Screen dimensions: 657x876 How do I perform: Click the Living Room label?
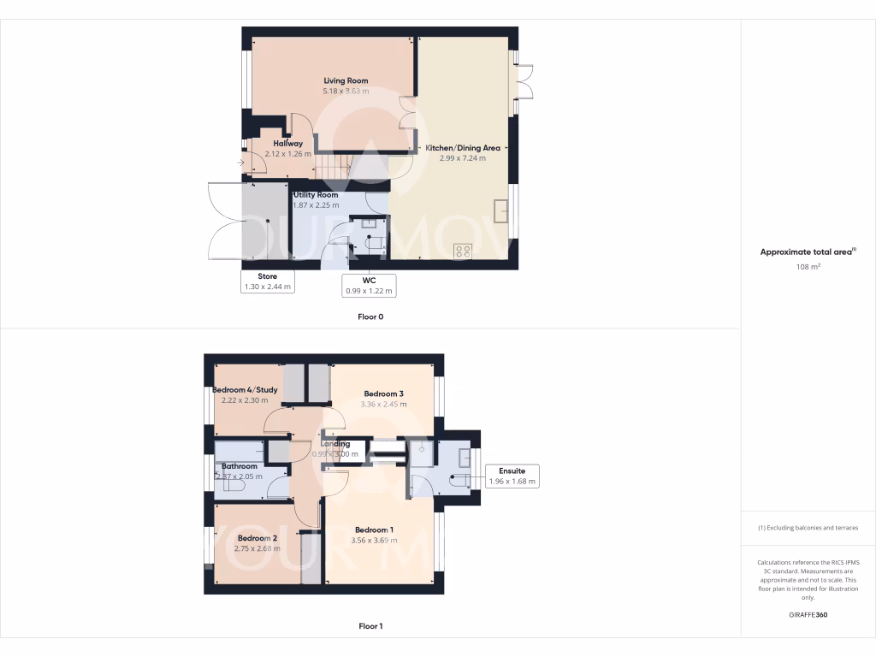click(x=346, y=80)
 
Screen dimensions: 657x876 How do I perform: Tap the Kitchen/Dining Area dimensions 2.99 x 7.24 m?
click(x=463, y=158)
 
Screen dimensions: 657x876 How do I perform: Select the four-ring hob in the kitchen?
click(x=463, y=252)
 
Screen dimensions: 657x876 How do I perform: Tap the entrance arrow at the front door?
click(x=240, y=163)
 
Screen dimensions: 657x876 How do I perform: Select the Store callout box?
click(x=269, y=282)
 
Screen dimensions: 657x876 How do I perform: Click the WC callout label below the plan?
click(x=369, y=286)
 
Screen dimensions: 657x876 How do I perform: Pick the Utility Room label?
click(x=316, y=195)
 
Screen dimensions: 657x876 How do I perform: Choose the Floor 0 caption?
click(x=370, y=317)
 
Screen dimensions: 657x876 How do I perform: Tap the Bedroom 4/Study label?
click(x=244, y=389)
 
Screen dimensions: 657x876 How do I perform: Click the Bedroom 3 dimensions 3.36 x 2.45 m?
click(x=382, y=404)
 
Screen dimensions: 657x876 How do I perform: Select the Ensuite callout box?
click(x=512, y=476)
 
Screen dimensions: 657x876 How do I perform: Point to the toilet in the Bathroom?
click(x=233, y=484)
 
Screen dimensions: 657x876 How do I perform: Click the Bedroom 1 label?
click(x=375, y=530)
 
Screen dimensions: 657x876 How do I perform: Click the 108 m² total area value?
click(x=808, y=267)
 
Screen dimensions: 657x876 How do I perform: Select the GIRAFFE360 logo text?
click(x=808, y=615)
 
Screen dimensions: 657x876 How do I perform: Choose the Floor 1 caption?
click(x=370, y=626)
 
